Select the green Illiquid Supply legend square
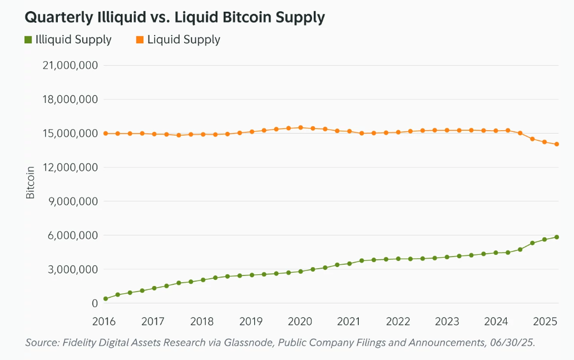point(28,40)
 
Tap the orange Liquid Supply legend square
point(140,40)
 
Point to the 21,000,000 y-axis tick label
point(70,66)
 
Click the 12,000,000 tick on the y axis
point(70,167)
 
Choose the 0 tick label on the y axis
point(95,303)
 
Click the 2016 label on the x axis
point(105,322)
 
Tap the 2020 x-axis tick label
point(300,322)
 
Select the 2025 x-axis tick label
point(545,322)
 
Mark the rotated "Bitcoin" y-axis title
point(30,182)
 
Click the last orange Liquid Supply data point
point(557,144)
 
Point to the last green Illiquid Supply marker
point(557,237)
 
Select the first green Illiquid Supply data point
point(105,299)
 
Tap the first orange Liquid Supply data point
point(105,134)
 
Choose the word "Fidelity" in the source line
point(81,343)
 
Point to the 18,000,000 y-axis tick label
point(70,100)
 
